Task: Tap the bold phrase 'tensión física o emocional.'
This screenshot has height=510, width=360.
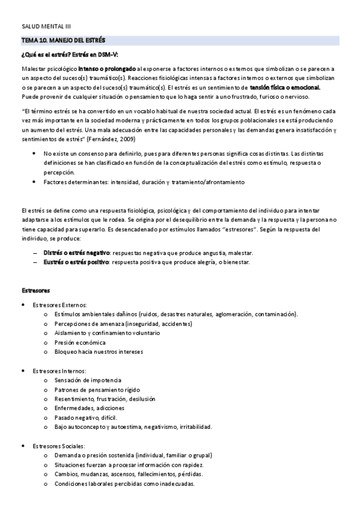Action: point(285,87)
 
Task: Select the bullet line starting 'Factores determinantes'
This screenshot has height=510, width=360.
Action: point(144,182)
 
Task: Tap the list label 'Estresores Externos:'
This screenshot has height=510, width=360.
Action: point(61,304)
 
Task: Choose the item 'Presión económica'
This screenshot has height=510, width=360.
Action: point(80,342)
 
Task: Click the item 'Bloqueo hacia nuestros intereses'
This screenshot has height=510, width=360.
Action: point(99,351)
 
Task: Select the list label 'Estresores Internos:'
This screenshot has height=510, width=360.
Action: point(59,370)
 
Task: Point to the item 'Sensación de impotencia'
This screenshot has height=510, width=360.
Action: point(88,380)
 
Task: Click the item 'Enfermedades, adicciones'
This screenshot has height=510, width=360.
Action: point(90,408)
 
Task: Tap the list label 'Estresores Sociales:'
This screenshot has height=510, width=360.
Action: point(59,446)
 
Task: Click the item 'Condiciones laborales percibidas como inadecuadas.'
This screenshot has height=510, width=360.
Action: point(124,484)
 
